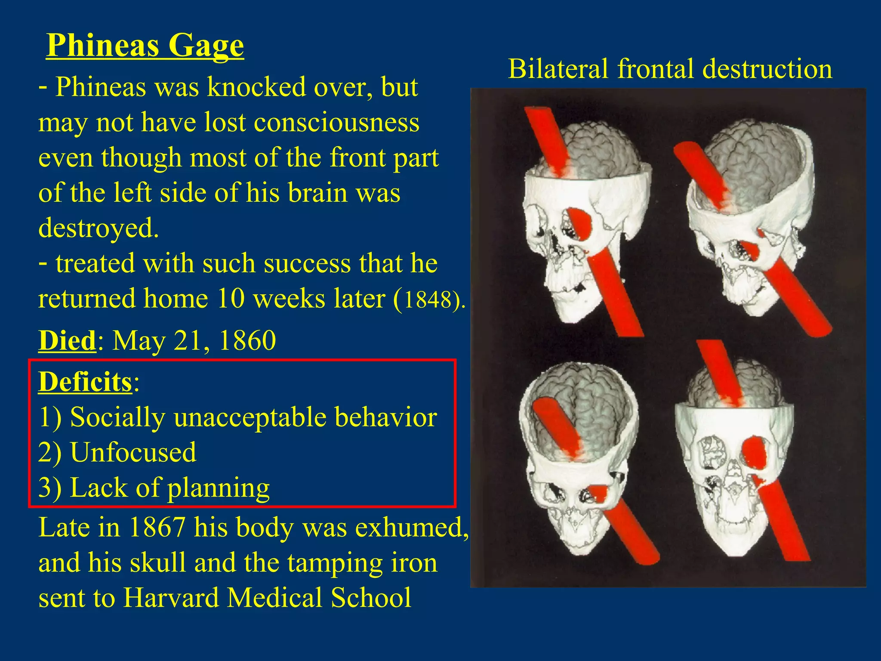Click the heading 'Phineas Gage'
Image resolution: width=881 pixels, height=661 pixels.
145,45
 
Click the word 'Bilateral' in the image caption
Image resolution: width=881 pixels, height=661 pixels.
558,69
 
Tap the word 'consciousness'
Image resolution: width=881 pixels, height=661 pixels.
336,123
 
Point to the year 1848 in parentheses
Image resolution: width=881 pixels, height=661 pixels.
428,300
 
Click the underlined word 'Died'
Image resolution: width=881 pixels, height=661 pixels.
67,340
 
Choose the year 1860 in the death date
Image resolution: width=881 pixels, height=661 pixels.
247,340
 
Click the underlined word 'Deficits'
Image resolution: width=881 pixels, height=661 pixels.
85,382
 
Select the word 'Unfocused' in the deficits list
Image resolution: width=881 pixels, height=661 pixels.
133,452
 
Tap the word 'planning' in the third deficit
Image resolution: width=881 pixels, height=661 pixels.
218,488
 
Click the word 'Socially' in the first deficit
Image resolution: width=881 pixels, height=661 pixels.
117,417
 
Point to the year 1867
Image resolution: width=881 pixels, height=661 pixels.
157,527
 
